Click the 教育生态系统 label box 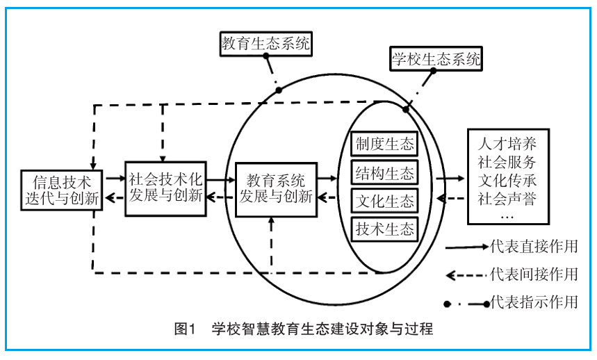pyautogui.click(x=265, y=44)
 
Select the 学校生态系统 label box pyautogui.click(x=435, y=59)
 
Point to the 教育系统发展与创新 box pyautogui.click(x=276, y=188)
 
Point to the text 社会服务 pyautogui.click(x=507, y=163)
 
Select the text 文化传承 pyautogui.click(x=507, y=180)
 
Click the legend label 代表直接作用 pyautogui.click(x=534, y=247)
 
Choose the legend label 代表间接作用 pyautogui.click(x=534, y=275)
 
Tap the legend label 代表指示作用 pyautogui.click(x=534, y=303)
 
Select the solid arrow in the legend pyautogui.click(x=466, y=247)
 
